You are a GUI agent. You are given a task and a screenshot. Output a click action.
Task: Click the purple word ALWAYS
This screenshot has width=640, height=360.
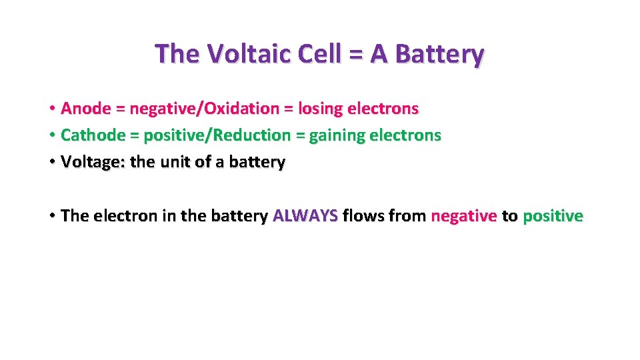point(305,216)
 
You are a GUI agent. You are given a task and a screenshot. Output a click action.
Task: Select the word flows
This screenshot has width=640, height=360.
point(363,216)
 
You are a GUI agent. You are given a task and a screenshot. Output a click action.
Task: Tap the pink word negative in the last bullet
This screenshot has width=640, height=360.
point(464,217)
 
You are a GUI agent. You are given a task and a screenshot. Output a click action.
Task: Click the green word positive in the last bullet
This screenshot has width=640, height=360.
point(553,217)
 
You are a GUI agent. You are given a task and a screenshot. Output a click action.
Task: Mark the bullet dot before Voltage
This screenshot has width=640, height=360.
point(51,162)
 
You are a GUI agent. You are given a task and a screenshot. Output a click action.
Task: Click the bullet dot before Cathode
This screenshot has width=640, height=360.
point(51,135)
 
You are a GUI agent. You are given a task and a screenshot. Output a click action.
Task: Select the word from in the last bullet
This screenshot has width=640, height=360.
point(407,216)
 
